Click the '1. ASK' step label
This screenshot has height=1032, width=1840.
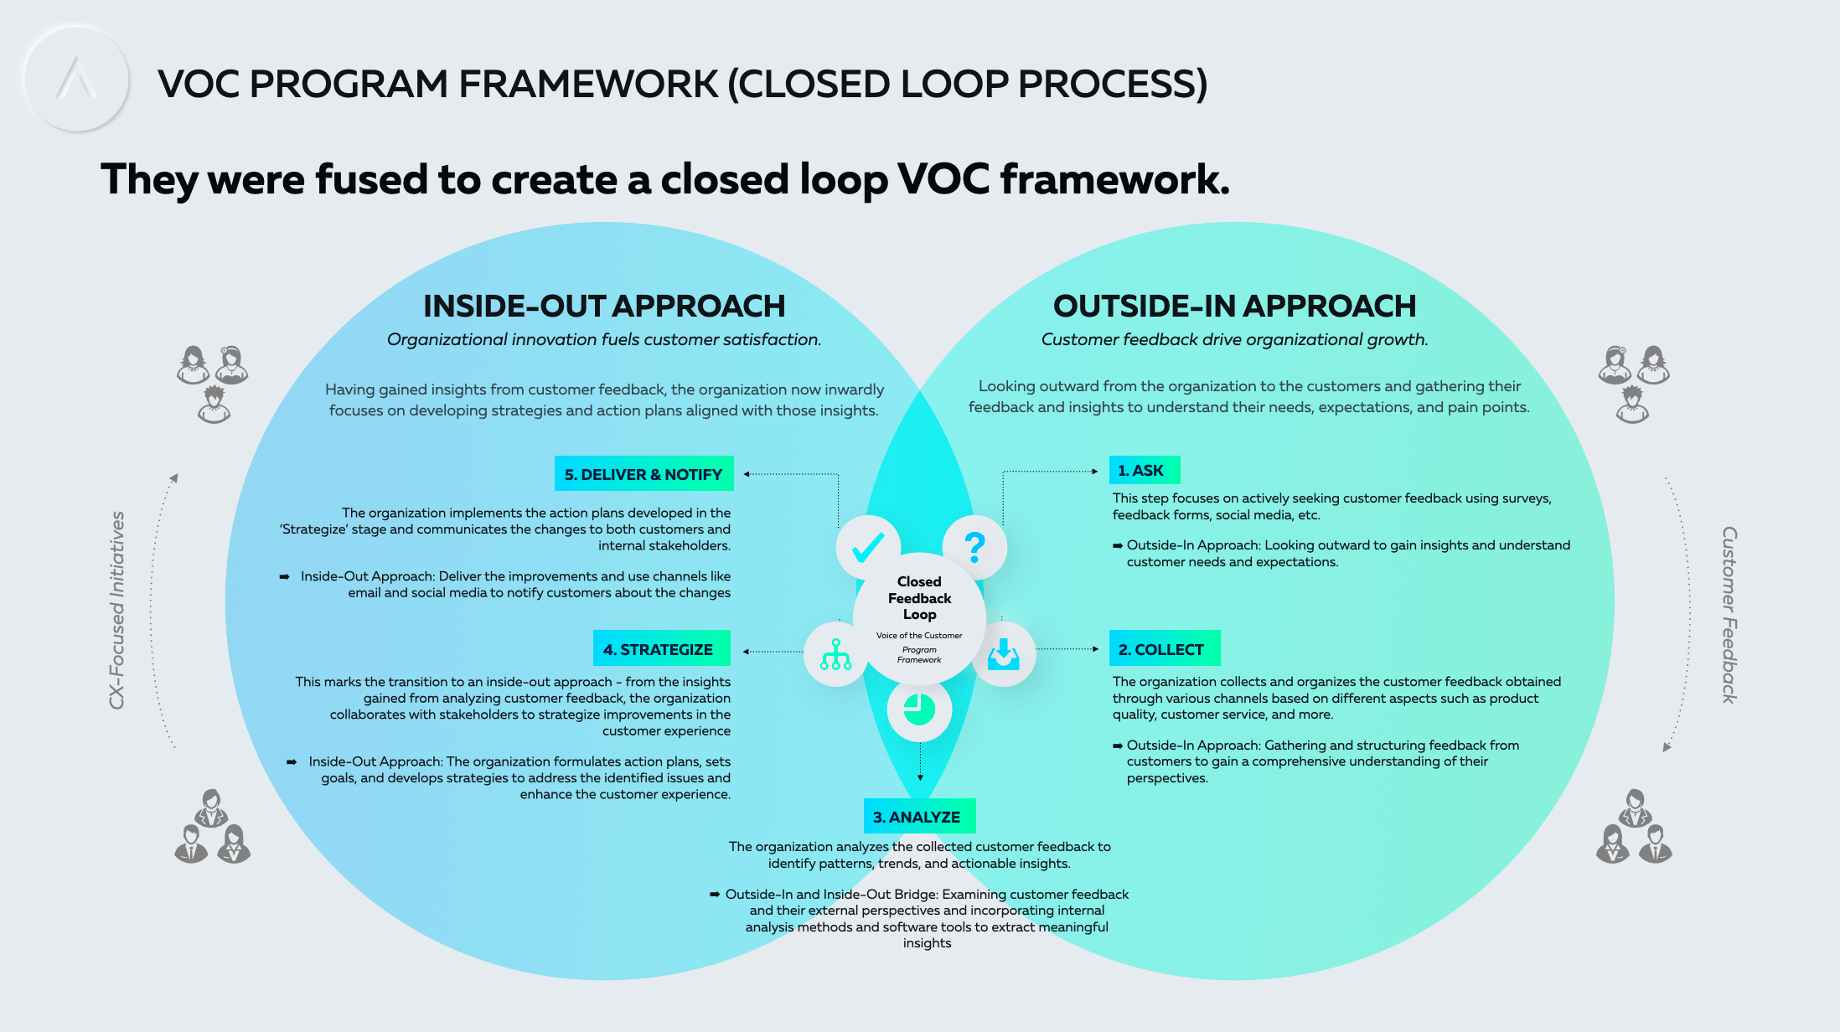tap(1145, 470)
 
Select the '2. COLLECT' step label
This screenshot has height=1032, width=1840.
tap(1165, 648)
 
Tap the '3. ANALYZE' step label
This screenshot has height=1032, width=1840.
tap(919, 816)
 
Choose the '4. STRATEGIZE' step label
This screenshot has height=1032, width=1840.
tap(661, 648)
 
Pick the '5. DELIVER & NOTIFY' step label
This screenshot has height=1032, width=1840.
tap(643, 473)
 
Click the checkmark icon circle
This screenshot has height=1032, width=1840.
tap(868, 548)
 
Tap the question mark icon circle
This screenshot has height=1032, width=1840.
tap(974, 548)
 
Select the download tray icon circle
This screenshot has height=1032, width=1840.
tap(1003, 654)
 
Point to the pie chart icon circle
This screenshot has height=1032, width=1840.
tap(919, 709)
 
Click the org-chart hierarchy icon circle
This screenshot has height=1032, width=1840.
tap(836, 654)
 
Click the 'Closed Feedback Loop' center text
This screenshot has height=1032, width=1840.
tap(919, 597)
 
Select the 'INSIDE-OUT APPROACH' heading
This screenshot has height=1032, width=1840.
tap(604, 306)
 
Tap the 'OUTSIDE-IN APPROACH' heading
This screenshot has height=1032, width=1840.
tap(1234, 306)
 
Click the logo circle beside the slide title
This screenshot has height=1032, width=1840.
tap(76, 80)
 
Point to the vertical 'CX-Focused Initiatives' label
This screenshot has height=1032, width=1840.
tap(117, 610)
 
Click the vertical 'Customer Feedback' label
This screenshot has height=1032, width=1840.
tap(1729, 615)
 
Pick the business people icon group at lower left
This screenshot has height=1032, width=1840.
tap(213, 826)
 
